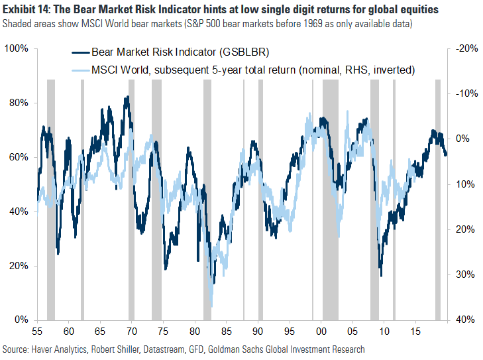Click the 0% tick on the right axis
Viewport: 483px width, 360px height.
point(461,139)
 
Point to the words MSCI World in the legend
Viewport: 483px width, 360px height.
point(121,70)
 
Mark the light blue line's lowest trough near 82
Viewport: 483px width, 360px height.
point(211,306)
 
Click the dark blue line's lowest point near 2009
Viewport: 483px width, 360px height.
point(381,276)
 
